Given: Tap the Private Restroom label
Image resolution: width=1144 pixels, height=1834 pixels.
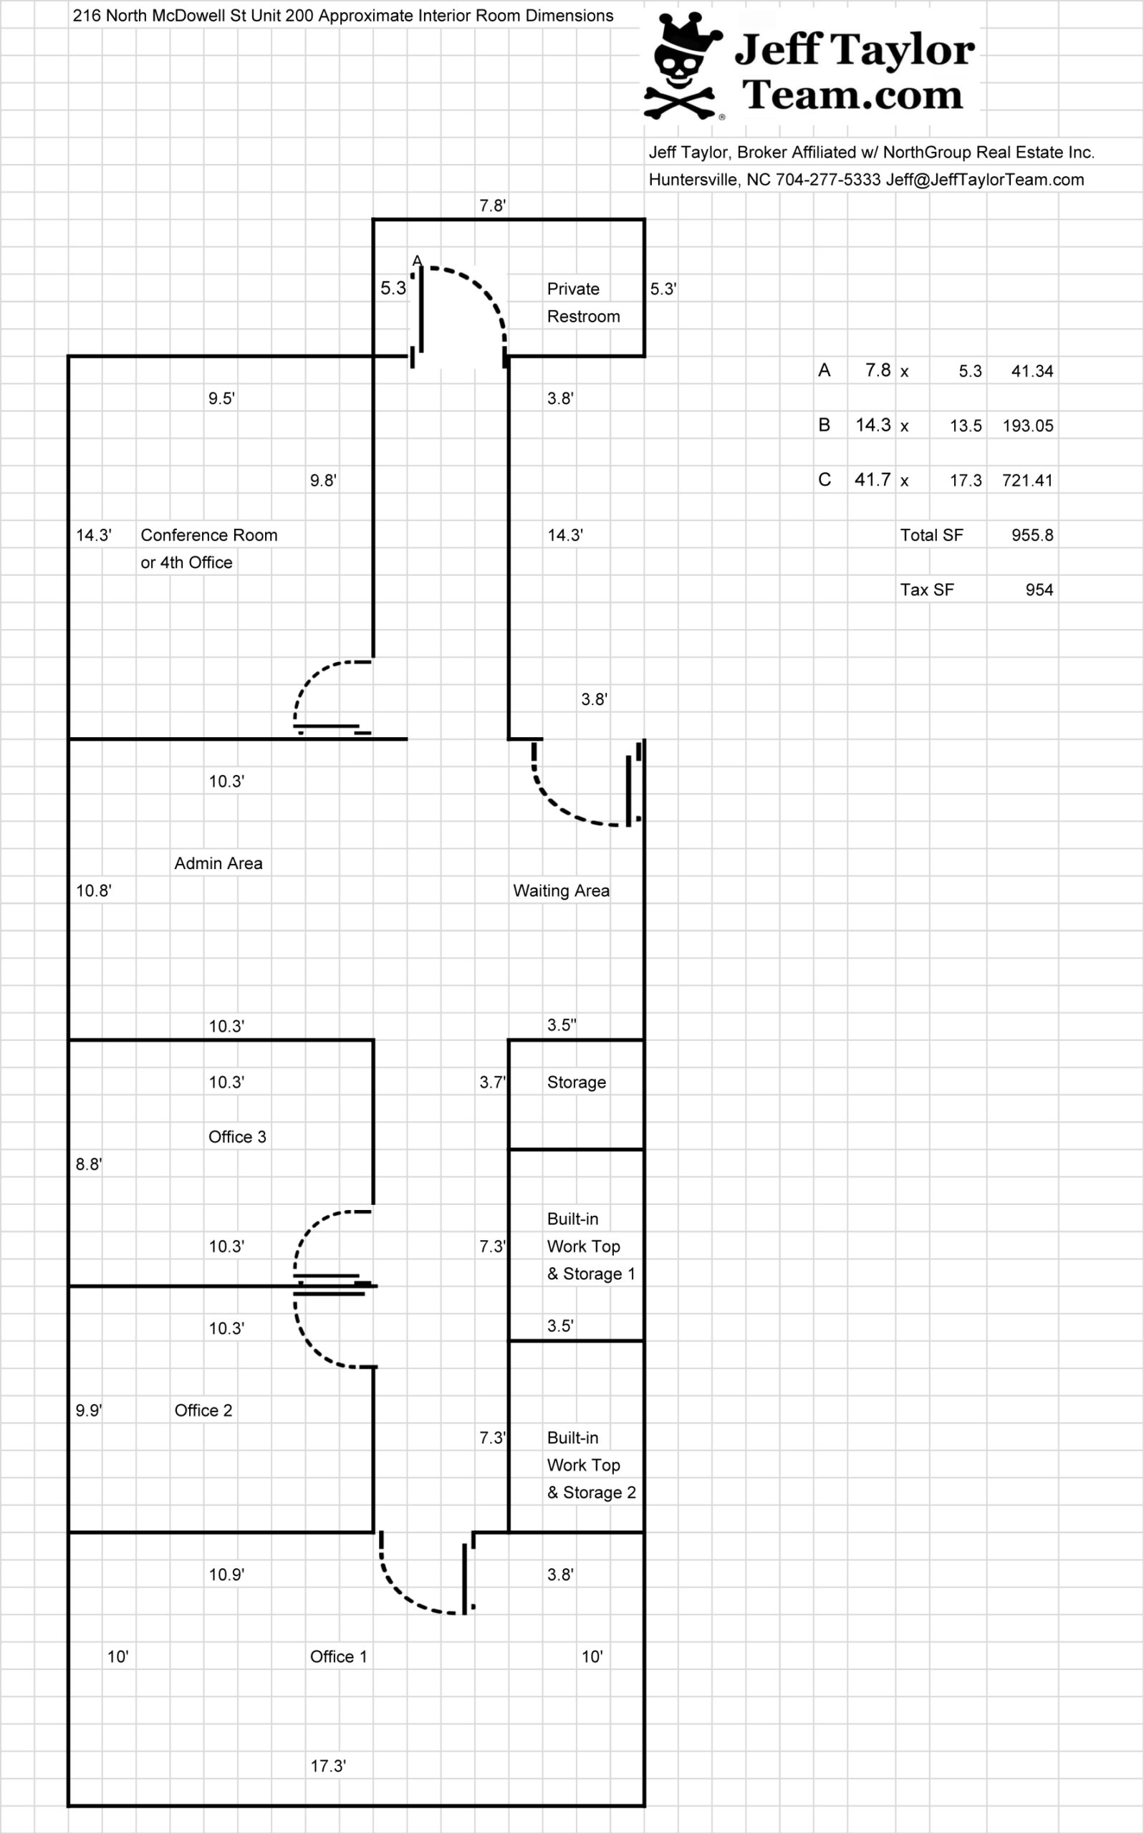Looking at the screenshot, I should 582,302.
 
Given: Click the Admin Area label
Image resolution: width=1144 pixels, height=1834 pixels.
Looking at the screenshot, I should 218,863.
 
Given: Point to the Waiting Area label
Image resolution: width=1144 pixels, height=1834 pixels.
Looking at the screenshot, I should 561,890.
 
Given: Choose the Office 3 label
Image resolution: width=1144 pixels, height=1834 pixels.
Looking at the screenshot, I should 237,1136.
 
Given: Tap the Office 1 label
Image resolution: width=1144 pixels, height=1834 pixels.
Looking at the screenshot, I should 338,1656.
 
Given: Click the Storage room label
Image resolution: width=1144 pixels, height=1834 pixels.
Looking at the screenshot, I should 576,1082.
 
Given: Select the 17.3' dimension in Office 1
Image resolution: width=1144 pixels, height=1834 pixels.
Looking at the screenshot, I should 327,1766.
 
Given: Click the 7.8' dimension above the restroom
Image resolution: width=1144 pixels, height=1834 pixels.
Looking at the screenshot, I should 493,206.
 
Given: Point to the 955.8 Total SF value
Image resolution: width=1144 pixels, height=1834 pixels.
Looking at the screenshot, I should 1032,535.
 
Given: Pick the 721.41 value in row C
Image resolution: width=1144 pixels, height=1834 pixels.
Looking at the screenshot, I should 1027,481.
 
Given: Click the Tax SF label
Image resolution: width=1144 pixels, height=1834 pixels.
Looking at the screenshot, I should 926,590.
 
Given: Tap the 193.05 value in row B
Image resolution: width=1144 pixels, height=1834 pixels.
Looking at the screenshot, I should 1027,426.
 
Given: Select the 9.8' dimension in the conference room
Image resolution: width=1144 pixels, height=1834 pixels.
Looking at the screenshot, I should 323,481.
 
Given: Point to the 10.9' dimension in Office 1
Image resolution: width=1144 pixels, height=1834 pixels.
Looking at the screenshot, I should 226,1575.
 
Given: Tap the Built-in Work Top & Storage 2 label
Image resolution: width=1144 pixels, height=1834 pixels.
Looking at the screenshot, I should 590,1465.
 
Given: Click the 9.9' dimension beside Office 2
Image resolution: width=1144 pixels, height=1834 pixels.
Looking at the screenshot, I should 89,1411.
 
